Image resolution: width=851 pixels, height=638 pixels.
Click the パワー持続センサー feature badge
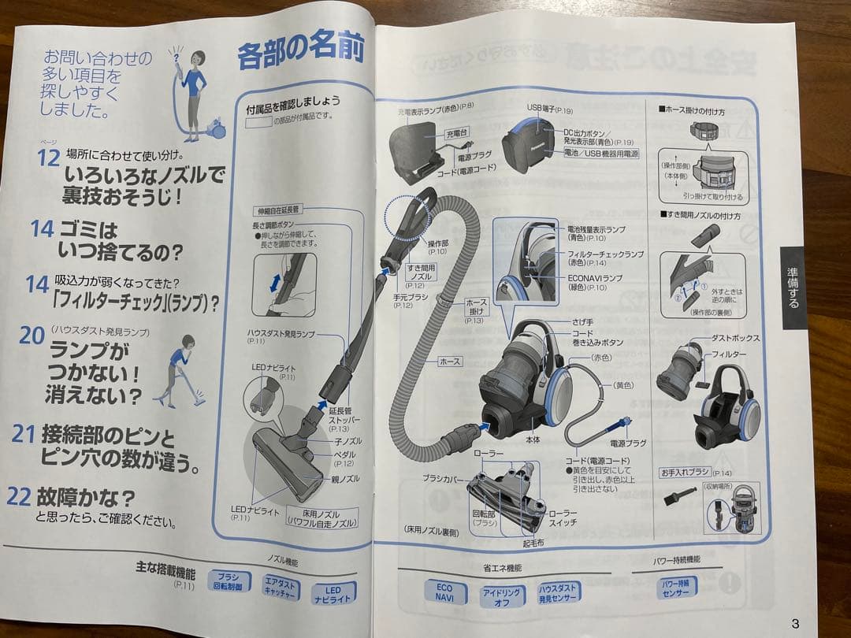click(x=677, y=589)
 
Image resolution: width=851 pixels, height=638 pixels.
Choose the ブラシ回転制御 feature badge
click(x=228, y=581)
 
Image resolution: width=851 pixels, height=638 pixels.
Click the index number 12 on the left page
click(x=49, y=158)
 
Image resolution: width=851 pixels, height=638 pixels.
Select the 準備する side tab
click(x=793, y=287)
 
